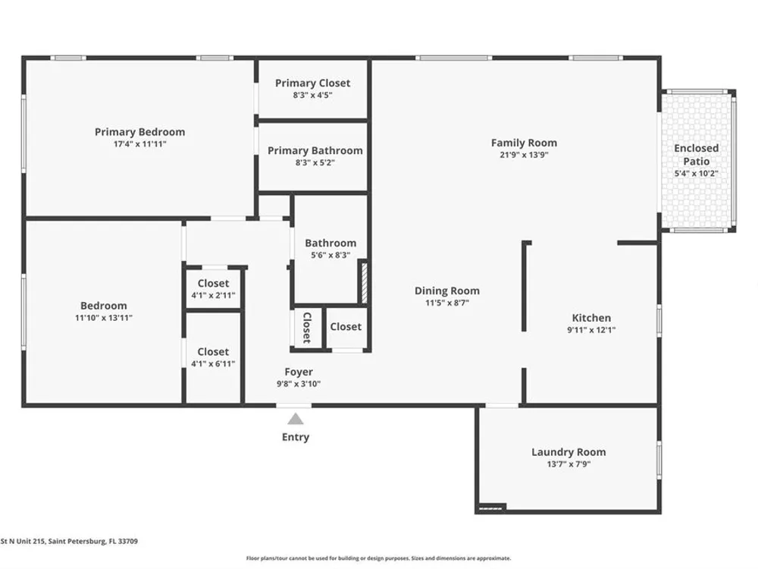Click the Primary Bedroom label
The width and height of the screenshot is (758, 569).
click(x=139, y=131)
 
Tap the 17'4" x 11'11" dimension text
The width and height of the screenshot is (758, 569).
click(x=139, y=143)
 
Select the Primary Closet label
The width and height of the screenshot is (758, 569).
click(x=313, y=83)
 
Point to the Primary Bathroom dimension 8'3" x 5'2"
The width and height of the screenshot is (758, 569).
click(x=315, y=162)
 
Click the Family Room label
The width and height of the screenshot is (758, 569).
click(x=524, y=143)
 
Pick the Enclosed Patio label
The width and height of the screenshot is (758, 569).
click(x=696, y=154)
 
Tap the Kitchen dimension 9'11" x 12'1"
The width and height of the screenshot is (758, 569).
click(x=591, y=330)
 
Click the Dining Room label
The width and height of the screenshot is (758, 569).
click(x=447, y=291)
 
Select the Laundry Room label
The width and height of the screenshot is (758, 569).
click(x=568, y=452)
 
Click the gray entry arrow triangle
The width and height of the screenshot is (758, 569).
click(x=296, y=419)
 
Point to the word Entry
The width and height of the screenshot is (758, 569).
click(x=296, y=437)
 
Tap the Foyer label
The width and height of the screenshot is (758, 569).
click(x=298, y=372)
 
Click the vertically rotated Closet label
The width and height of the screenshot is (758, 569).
click(x=306, y=328)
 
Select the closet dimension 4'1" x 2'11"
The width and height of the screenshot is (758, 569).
click(x=213, y=295)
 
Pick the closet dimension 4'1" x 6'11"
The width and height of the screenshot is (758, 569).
click(x=213, y=363)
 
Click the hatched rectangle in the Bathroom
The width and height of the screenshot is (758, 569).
click(x=365, y=282)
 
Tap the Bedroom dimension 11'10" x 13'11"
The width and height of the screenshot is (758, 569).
click(x=103, y=318)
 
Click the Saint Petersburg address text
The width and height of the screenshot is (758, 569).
click(x=69, y=542)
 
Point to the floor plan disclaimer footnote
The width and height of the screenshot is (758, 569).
click(x=378, y=558)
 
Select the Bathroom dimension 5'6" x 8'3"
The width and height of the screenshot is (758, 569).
click(x=330, y=255)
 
